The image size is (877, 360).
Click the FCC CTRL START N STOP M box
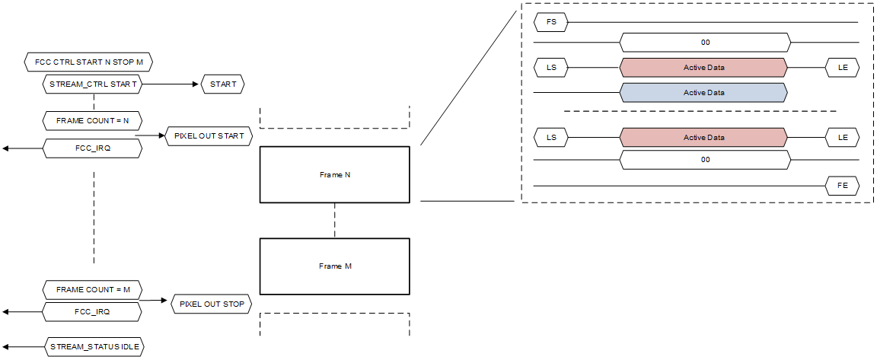tap(94, 60)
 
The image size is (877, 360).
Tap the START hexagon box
tap(222, 84)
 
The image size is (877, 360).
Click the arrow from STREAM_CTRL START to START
tap(171, 84)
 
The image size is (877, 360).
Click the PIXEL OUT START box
tap(209, 136)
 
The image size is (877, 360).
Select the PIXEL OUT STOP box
tap(212, 304)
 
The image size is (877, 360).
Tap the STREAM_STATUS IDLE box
tap(94, 346)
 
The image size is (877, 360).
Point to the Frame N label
tap(335, 174)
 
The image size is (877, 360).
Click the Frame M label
tap(335, 266)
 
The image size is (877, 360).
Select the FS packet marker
tap(551, 22)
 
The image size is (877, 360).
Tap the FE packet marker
tap(842, 185)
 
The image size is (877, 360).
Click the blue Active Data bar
tap(703, 93)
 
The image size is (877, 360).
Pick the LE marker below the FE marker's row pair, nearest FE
tap(842, 138)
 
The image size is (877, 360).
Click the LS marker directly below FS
tap(551, 68)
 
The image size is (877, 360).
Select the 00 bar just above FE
tap(705, 160)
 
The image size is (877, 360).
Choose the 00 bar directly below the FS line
tap(705, 43)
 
